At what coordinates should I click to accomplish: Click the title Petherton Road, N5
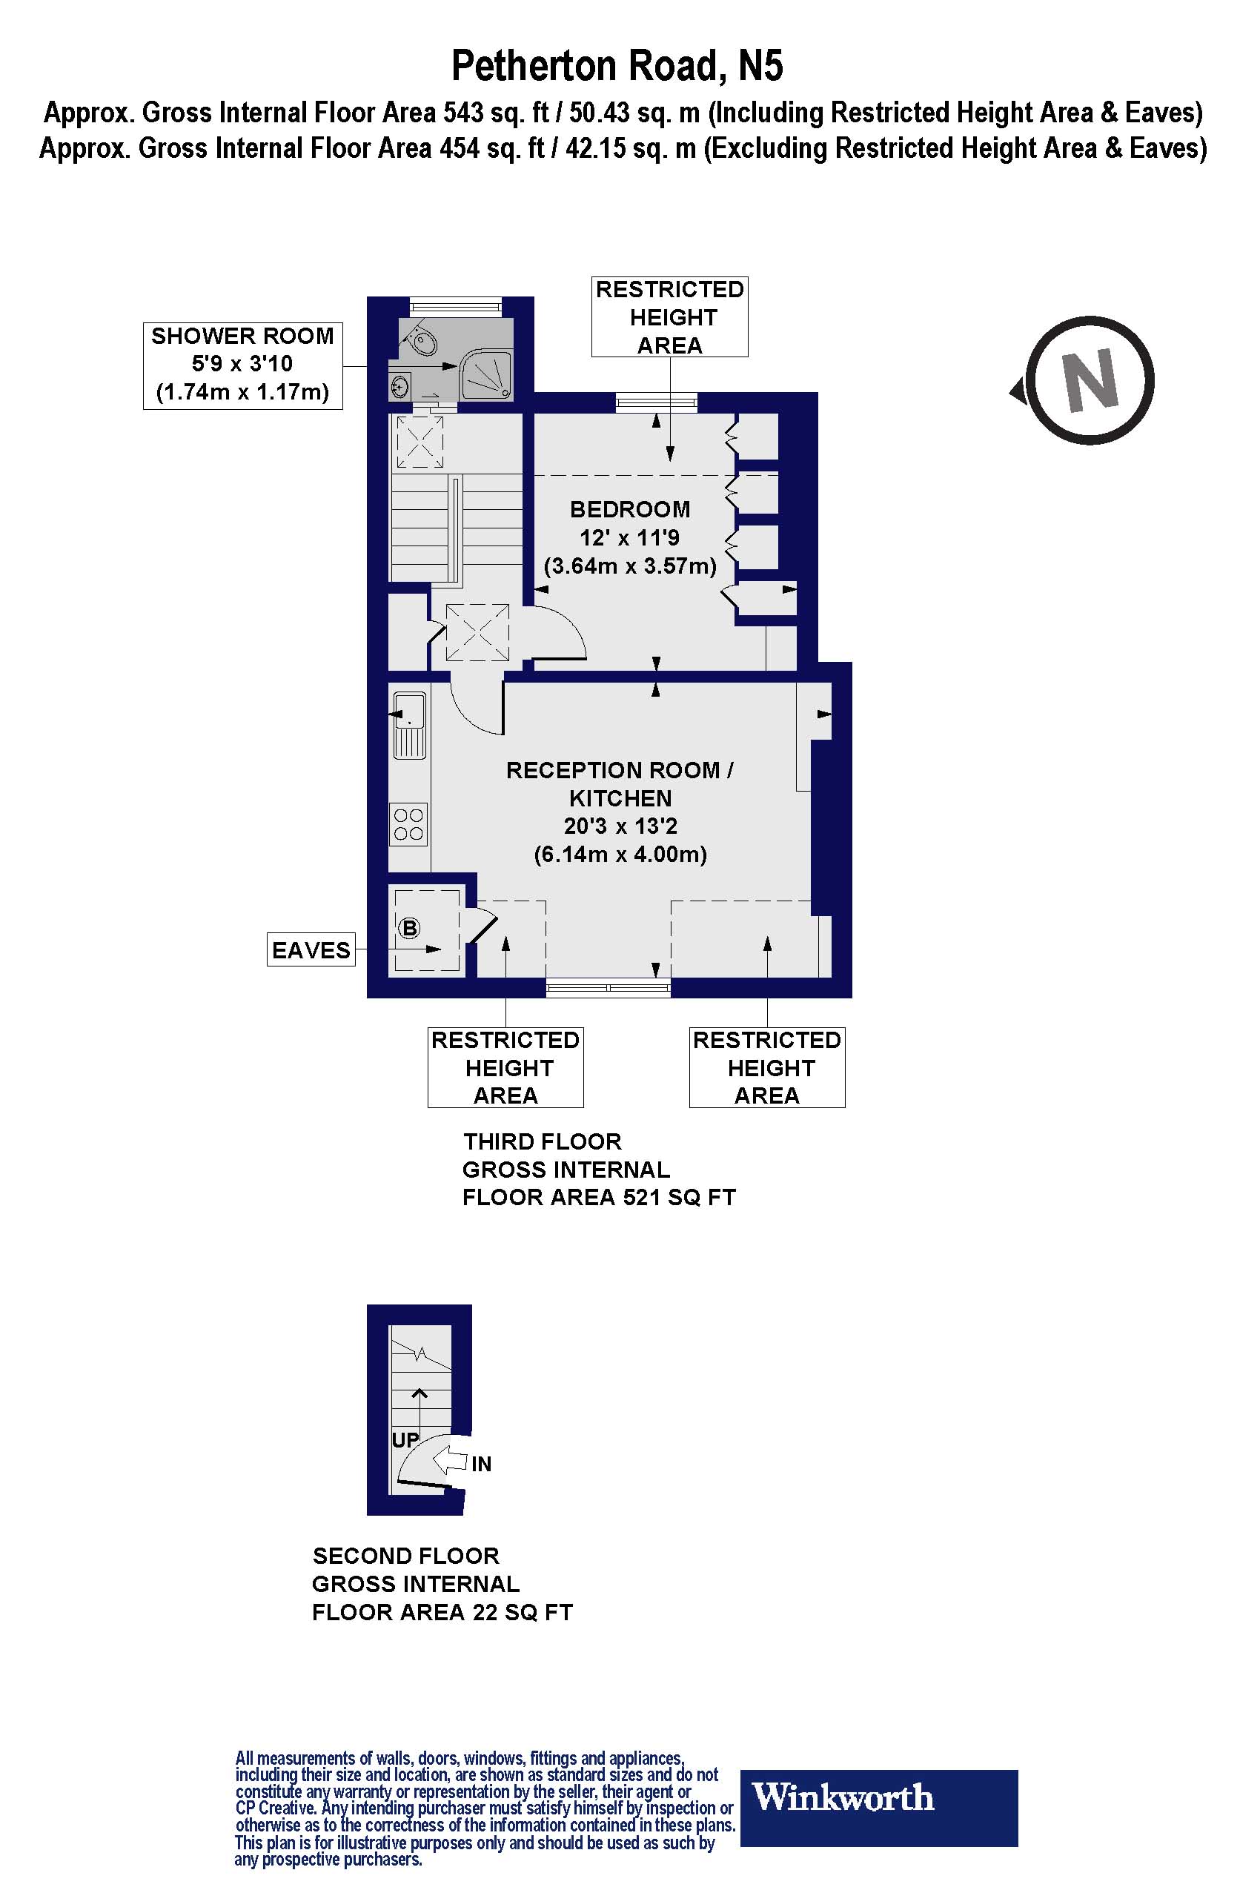coord(617,66)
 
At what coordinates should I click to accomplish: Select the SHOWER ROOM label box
coord(242,365)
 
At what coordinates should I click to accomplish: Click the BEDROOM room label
coord(630,509)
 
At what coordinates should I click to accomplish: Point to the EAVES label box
coord(311,950)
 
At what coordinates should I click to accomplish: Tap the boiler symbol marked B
coord(409,928)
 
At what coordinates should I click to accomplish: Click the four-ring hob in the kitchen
coord(408,824)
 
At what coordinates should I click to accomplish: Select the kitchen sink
coord(409,725)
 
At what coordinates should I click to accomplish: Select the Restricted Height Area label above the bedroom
coord(669,316)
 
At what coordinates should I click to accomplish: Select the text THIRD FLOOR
coord(543,1142)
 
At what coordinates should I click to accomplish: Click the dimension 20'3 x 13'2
coord(620,826)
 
